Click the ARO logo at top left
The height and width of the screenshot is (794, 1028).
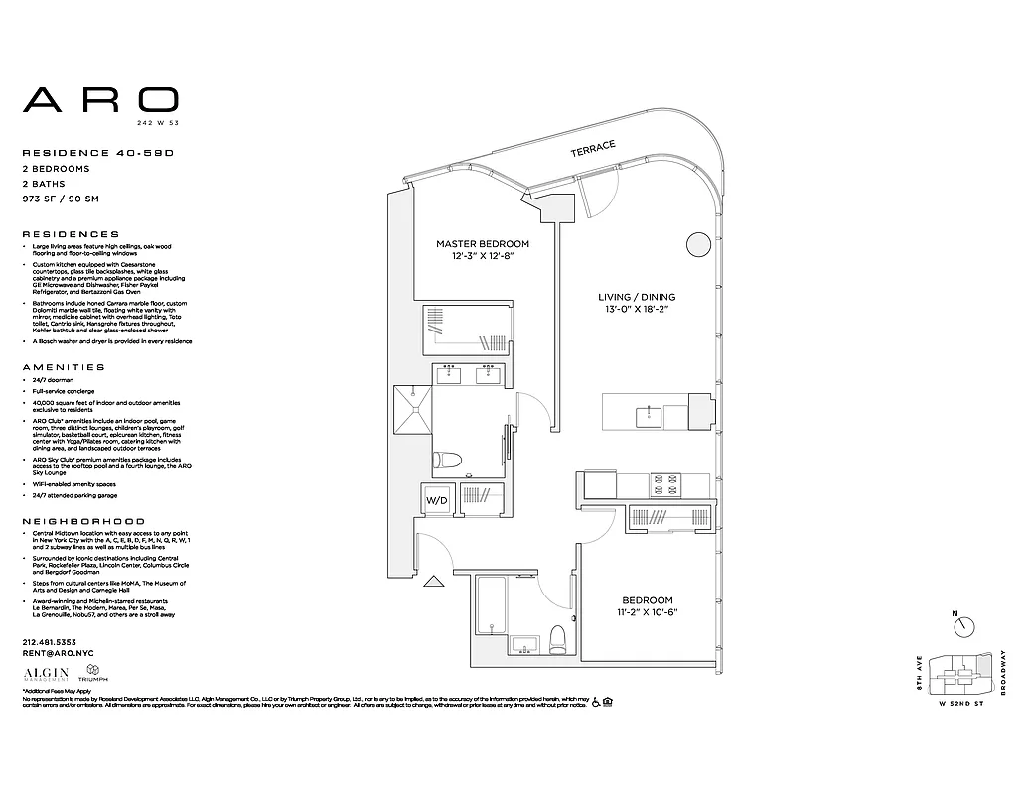[100, 100]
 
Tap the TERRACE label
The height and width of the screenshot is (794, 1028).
[593, 148]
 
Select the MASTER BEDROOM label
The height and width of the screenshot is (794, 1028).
[483, 243]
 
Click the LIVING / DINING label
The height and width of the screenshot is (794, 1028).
[637, 297]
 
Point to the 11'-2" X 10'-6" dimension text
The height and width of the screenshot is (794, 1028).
[647, 612]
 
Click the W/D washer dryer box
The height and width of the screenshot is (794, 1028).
[437, 500]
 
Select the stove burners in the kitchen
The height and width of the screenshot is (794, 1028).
[664, 483]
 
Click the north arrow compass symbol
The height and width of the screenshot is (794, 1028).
[963, 627]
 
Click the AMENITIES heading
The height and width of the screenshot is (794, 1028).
[63, 367]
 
